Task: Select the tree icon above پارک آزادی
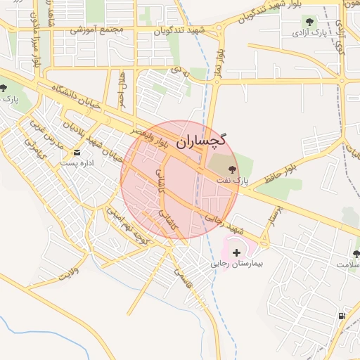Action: pos(308,21)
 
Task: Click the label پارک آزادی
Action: pos(309,33)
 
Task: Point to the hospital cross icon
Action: pos(236,252)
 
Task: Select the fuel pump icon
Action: pos(342,316)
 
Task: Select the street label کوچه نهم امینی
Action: pos(127,225)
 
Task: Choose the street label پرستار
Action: pos(273,217)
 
